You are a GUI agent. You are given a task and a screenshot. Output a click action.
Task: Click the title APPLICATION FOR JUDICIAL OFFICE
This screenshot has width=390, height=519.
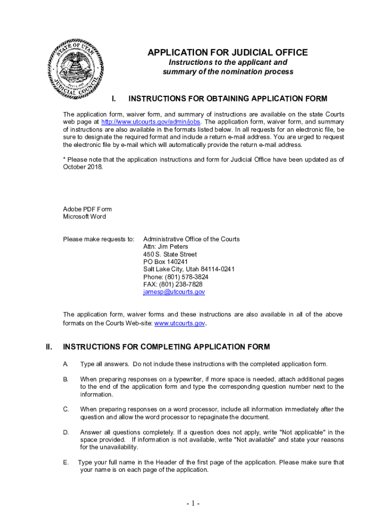(227, 53)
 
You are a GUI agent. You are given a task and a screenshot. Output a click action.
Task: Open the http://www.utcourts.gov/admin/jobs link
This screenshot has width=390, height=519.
(151, 122)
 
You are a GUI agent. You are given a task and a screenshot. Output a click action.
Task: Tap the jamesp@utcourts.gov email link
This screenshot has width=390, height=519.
(174, 292)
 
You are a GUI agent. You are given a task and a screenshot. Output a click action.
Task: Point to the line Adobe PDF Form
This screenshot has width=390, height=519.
(87, 209)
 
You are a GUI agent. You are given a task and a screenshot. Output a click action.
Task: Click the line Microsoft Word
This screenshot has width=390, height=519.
(85, 217)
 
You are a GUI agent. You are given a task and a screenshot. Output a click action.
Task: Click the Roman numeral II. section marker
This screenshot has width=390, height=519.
(49, 347)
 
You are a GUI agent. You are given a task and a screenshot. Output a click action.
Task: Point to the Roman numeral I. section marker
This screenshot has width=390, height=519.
(114, 98)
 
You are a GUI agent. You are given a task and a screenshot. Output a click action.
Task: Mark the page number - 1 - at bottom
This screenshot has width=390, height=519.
(193, 504)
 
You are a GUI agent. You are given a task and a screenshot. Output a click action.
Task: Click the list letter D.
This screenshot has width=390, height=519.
(66, 432)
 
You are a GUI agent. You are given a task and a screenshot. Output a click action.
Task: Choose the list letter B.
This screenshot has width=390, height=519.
(65, 379)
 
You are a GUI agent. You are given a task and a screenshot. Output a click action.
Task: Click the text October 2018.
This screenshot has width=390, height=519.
(83, 167)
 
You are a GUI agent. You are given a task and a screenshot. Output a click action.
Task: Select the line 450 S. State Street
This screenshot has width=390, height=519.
(170, 254)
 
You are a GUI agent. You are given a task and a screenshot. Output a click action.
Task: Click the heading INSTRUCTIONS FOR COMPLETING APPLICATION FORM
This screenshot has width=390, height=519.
(166, 347)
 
